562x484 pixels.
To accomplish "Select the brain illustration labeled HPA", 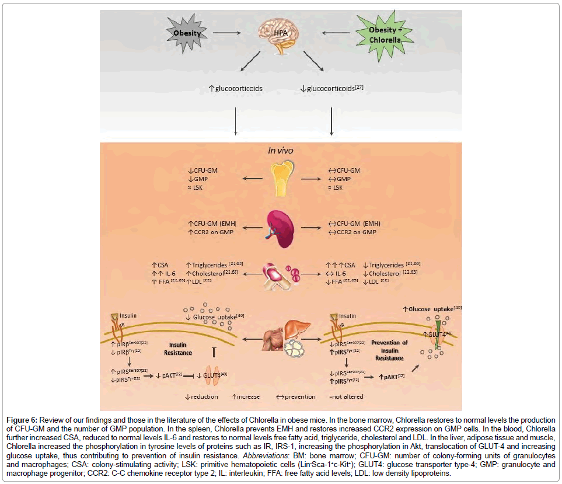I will point(284,32).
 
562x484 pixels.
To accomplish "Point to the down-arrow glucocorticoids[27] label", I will point(332,88).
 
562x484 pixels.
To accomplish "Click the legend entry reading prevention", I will point(296,396).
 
